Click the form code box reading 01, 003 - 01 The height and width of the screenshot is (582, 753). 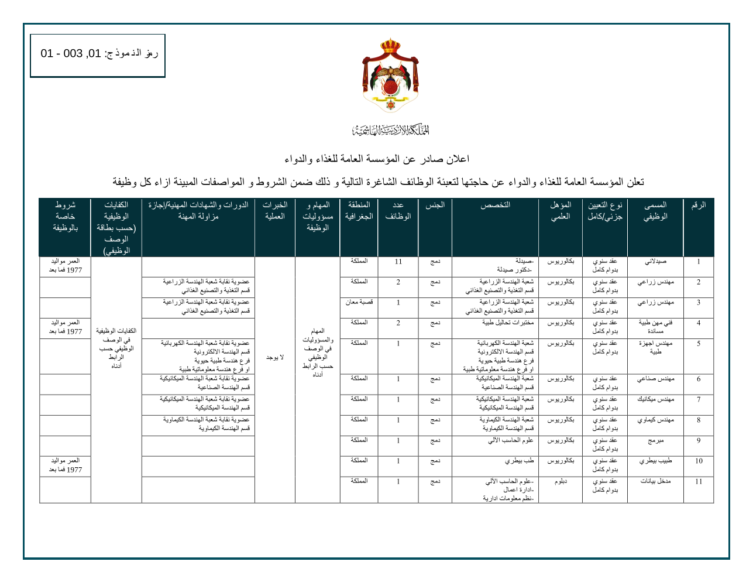98,55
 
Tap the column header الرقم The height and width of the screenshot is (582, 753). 698,206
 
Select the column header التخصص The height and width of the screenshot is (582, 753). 495,206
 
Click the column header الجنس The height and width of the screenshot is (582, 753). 435,206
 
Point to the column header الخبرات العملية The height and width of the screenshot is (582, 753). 275,211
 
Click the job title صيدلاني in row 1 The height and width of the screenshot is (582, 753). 655,262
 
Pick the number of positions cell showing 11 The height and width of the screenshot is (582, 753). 398,262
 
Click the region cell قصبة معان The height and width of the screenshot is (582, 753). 359,303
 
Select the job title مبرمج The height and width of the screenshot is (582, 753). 655,440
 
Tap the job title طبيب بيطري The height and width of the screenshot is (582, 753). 655,461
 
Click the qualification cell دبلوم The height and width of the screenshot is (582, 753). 561,481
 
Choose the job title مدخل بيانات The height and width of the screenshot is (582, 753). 655,481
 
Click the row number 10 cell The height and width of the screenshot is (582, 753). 699,461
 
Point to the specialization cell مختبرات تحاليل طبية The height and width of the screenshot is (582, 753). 507,323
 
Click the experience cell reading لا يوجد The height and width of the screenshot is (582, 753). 274,357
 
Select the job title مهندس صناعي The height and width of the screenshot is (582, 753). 655,379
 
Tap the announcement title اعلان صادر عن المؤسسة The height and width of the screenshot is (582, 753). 376,159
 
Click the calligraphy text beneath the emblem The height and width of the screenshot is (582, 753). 390,130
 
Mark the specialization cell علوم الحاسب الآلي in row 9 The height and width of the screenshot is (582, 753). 510,440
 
